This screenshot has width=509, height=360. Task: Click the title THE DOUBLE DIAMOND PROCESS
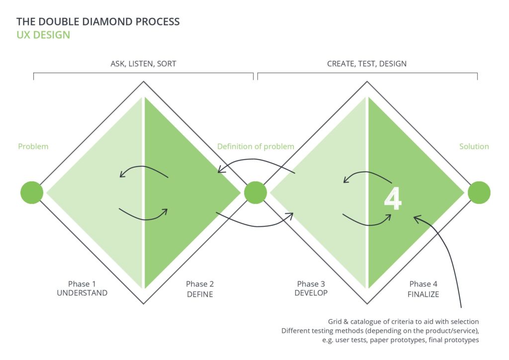(x=98, y=22)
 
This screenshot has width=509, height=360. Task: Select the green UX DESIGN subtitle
(x=43, y=35)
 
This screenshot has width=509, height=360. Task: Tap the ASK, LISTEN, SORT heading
(x=144, y=64)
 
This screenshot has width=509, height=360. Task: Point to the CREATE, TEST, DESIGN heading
(x=367, y=64)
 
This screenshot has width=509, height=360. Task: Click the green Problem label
(x=33, y=146)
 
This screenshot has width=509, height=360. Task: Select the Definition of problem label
(x=256, y=146)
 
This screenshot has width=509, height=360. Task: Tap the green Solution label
(x=474, y=146)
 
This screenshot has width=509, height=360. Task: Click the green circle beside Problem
(x=32, y=192)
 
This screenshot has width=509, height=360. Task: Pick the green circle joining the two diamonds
(x=255, y=192)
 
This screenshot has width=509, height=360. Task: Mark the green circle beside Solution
(x=479, y=192)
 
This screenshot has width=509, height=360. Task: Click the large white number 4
(x=393, y=198)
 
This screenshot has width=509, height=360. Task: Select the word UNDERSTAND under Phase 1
(x=82, y=293)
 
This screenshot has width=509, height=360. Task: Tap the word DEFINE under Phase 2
(x=200, y=294)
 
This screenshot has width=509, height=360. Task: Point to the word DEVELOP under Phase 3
(x=311, y=293)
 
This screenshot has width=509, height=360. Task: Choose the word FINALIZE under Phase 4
(x=424, y=294)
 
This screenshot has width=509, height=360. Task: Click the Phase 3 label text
(x=311, y=284)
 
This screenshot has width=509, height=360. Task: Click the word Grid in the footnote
(x=335, y=322)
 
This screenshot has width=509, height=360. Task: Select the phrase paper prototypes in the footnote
(x=398, y=340)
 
